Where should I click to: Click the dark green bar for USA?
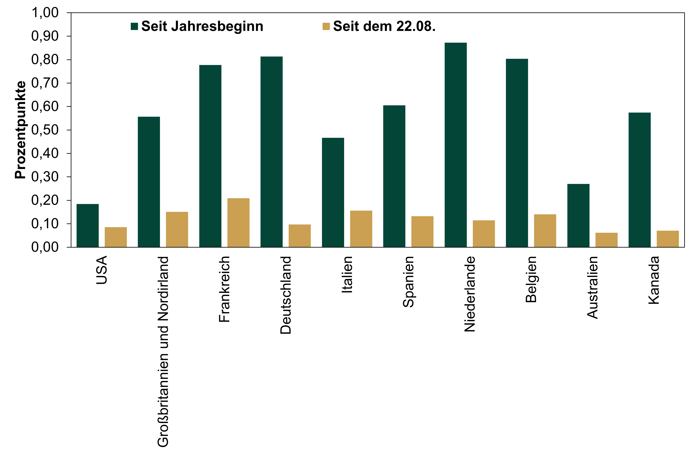click(x=88, y=225)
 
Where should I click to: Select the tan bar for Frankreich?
click(x=238, y=223)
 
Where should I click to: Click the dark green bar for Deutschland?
click(x=272, y=152)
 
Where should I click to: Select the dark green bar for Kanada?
click(x=640, y=180)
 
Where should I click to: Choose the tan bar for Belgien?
click(x=545, y=231)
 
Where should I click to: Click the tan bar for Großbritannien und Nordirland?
click(x=177, y=229)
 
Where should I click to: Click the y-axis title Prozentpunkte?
click(x=20, y=130)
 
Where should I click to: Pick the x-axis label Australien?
click(x=592, y=287)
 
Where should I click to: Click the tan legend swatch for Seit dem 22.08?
click(x=326, y=26)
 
